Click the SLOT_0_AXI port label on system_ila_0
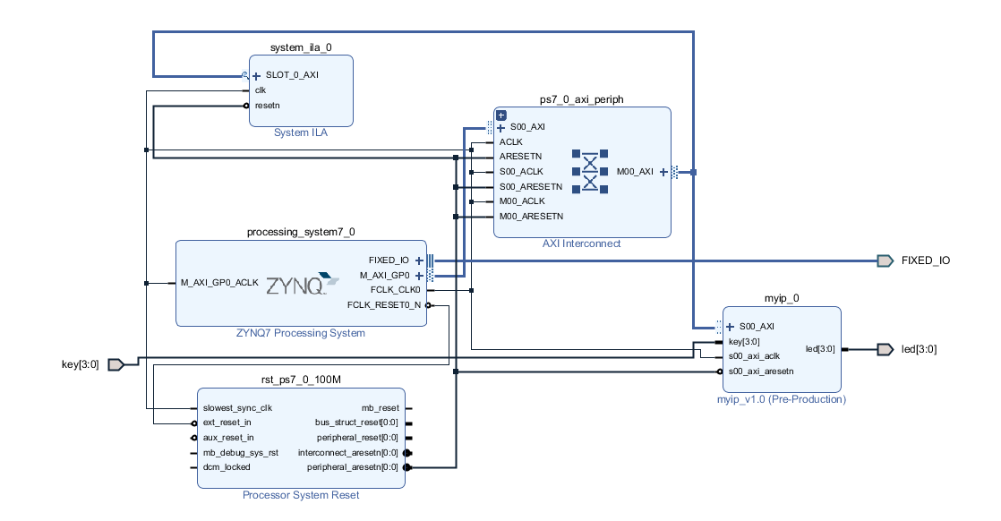pyautogui.click(x=292, y=75)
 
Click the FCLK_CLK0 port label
pyautogui.click(x=395, y=290)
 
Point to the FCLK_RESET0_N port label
pyautogui.click(x=384, y=305)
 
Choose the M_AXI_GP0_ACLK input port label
pyautogui.click(x=219, y=282)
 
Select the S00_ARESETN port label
pyautogui.click(x=531, y=186)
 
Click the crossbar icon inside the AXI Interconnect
pyautogui.click(x=590, y=171)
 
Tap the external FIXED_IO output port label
pyautogui.click(x=925, y=260)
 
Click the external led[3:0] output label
pyautogui.click(x=919, y=349)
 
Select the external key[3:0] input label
pyautogui.click(x=81, y=364)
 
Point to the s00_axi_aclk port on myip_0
pyautogui.click(x=755, y=356)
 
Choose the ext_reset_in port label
pyautogui.click(x=227, y=423)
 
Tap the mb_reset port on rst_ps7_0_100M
pyautogui.click(x=380, y=407)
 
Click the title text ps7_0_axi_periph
pyautogui.click(x=582, y=99)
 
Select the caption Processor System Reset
pyautogui.click(x=301, y=495)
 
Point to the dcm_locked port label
pyautogui.click(x=227, y=467)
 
